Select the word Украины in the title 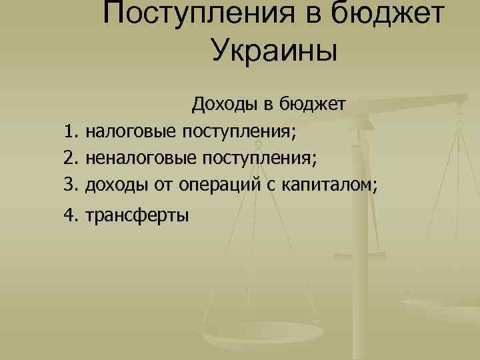tap(275, 51)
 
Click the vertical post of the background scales tap(363, 200)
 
